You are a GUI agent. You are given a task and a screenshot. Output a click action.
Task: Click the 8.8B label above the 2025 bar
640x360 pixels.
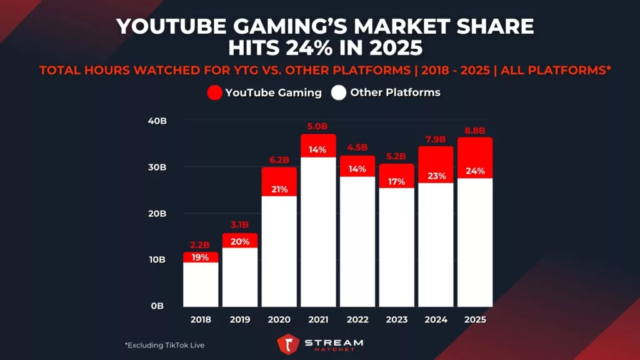[x=475, y=131]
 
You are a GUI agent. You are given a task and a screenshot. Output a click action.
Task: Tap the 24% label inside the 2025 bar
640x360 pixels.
[x=475, y=171]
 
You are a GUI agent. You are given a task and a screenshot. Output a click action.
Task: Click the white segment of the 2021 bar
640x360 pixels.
[x=318, y=231]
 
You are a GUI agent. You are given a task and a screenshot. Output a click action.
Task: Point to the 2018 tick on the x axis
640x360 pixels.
[x=201, y=319]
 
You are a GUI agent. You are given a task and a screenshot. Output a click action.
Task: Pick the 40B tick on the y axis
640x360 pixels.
[x=157, y=121]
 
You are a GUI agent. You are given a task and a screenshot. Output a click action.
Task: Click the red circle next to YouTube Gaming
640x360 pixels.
[x=214, y=93]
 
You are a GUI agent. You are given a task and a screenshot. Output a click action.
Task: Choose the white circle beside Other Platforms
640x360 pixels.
[x=339, y=93]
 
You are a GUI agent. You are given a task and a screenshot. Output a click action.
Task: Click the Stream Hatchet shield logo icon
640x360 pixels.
[x=288, y=344]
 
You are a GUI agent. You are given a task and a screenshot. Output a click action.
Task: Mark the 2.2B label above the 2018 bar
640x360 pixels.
[x=201, y=246]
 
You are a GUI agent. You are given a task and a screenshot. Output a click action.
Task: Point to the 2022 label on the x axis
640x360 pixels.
[x=357, y=319]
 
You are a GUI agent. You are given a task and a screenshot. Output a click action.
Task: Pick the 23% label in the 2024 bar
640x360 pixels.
[x=436, y=176]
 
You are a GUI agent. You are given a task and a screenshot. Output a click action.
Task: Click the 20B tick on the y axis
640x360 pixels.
[x=157, y=213]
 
